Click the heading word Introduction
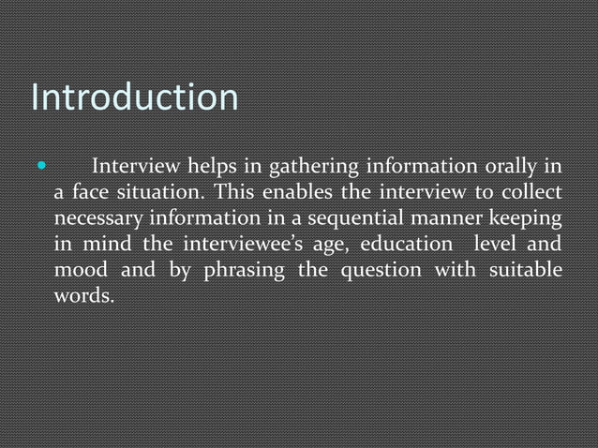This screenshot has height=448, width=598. tap(135, 97)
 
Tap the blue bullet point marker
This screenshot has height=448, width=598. tap(39, 170)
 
